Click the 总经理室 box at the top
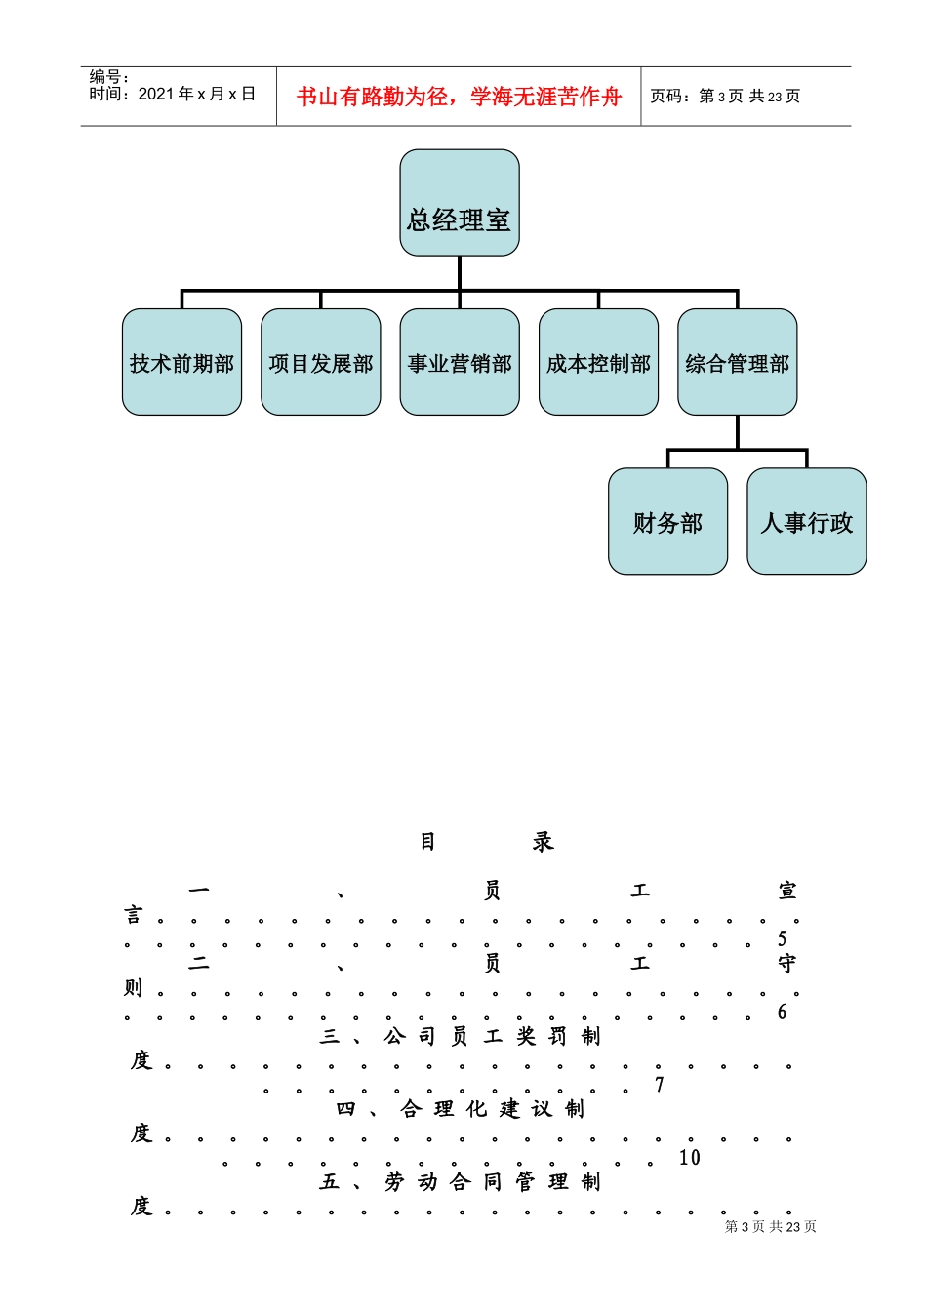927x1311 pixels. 459,203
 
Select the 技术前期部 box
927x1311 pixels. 181,363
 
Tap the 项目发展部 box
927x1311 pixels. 320,363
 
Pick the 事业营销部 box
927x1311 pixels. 460,363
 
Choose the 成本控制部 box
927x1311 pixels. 598,363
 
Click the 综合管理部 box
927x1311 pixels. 737,363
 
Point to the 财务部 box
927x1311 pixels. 667,522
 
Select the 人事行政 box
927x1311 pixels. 806,522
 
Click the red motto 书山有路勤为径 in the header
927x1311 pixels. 459,97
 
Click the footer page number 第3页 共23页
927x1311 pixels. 770,1227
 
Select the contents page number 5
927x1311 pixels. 783,939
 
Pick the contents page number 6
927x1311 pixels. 783,1013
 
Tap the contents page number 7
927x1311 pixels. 660,1085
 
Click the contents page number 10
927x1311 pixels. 690,1158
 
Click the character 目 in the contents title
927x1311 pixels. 427,842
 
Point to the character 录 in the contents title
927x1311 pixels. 543,842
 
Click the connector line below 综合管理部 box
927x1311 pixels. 738,432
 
